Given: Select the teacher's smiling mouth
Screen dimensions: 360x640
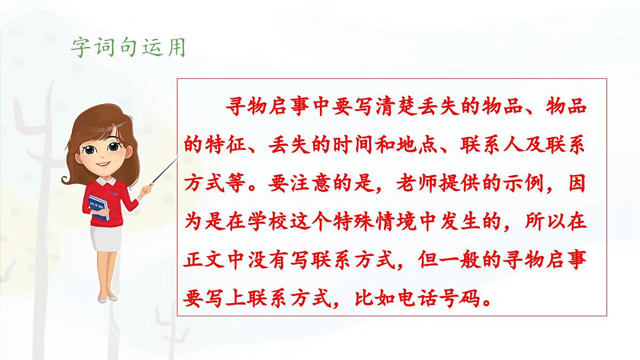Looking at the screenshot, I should pyautogui.click(x=101, y=165).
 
